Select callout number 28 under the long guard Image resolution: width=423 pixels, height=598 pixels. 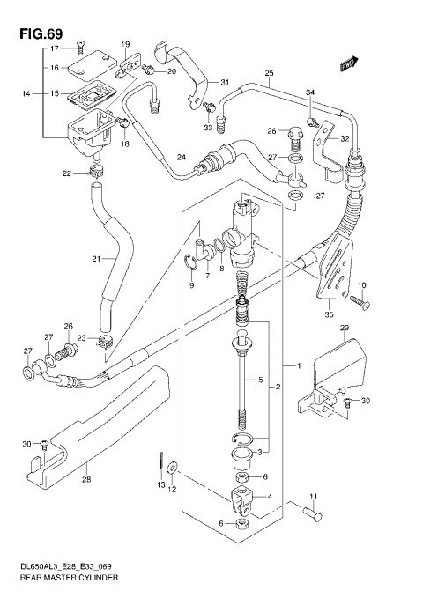[x=85, y=480]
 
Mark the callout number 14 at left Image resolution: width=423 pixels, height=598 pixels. [x=26, y=93]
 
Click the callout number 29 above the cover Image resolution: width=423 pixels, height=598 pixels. [x=345, y=328]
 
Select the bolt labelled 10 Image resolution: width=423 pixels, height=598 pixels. [x=356, y=302]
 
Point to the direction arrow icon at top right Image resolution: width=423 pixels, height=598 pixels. [x=348, y=63]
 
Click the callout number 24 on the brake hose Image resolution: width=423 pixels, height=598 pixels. [x=180, y=159]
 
